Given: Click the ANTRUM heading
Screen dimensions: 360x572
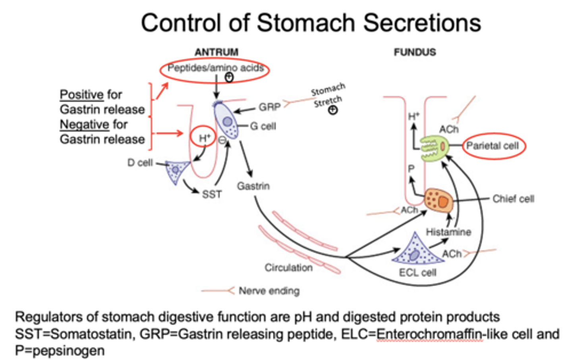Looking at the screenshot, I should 216,52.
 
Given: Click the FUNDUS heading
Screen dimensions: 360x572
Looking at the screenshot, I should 415,52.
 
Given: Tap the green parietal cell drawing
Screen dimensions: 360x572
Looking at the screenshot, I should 434,147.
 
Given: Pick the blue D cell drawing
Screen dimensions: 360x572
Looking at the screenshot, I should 175,171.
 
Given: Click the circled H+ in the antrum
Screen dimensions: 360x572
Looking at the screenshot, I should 204,138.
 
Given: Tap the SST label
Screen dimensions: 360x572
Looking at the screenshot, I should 212,194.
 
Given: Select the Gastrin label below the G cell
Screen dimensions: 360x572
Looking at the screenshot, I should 253,186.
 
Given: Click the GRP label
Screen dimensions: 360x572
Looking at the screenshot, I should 269,107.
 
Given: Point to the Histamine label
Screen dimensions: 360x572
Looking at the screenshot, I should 448,232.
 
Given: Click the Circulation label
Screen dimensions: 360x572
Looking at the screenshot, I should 288,268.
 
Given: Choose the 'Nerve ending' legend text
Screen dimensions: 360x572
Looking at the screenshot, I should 269,291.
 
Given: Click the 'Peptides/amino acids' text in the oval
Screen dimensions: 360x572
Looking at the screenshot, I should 215,68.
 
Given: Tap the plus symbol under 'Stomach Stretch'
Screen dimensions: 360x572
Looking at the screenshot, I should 333,110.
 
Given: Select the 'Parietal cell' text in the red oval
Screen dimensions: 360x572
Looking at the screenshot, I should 493,146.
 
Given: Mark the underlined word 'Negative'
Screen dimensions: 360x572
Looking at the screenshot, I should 84,124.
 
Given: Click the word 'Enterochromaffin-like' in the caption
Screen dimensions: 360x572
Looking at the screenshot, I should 429,334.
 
